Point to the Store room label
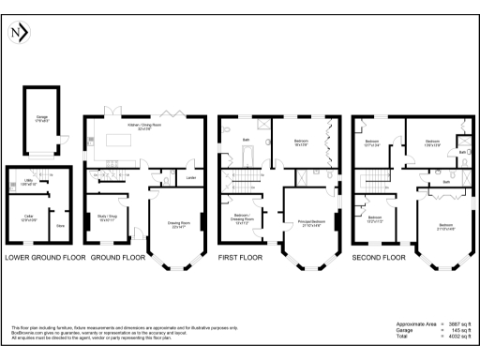click(x=61, y=225)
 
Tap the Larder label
click(x=191, y=176)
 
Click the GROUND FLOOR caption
click(x=119, y=256)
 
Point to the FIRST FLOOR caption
click(x=247, y=256)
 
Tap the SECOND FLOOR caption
click(x=379, y=256)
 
